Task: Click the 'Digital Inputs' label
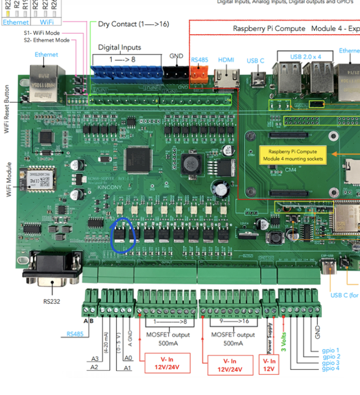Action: click(120, 47)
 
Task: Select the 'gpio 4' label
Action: click(331, 369)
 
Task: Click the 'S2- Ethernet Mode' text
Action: click(47, 40)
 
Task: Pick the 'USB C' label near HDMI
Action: click(255, 61)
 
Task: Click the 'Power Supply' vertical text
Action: click(269, 337)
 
